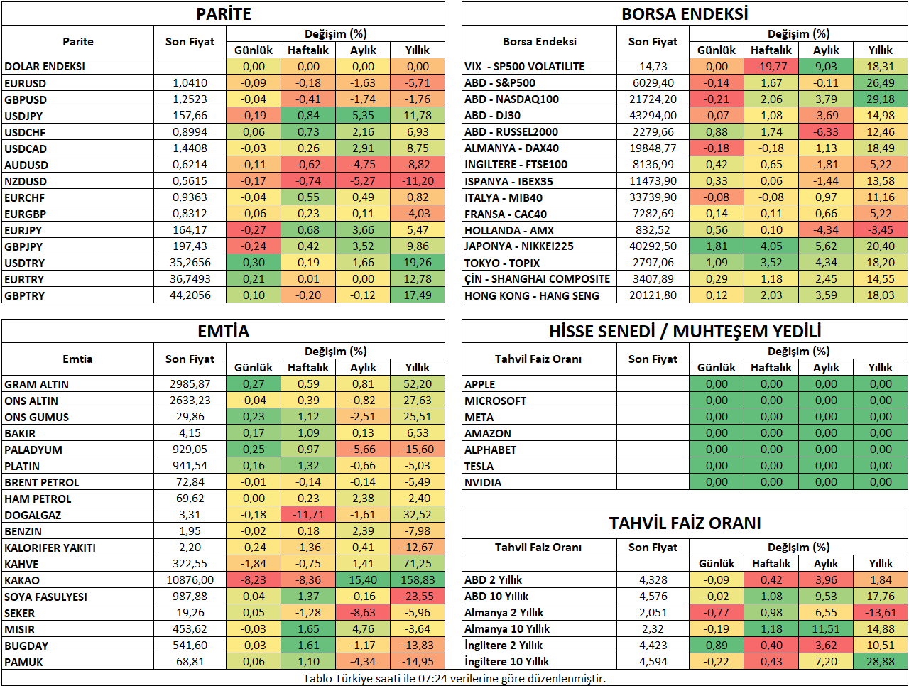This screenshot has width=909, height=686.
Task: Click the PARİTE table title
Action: [x=223, y=14]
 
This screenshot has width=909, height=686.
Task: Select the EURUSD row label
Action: [x=26, y=83]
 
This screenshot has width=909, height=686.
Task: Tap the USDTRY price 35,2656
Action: [x=190, y=263]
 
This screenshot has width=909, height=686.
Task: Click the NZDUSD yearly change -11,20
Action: [x=418, y=181]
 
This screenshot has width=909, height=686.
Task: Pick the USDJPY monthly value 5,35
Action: [x=363, y=116]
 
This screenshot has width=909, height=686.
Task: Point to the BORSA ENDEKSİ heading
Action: [x=685, y=14]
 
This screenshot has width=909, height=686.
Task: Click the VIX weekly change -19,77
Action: [x=771, y=66]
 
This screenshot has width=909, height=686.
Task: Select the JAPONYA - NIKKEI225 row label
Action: [x=519, y=246]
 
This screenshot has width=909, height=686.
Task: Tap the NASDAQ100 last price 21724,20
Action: [x=653, y=99]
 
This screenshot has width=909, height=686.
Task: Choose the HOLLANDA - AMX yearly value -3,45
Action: [x=881, y=230]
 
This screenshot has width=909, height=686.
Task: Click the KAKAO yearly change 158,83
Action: [x=418, y=579]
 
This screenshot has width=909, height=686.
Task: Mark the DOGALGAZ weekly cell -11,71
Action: [x=308, y=515]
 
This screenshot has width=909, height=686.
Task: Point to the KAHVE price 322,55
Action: [x=190, y=563]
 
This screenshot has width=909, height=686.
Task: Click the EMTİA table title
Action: [x=223, y=331]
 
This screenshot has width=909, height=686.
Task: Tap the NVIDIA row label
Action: [x=483, y=483]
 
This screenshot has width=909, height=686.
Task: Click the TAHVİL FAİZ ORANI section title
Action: [x=685, y=523]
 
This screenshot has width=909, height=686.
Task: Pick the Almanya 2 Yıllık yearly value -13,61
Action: [x=881, y=612]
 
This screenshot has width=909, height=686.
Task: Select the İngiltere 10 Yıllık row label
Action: [x=506, y=662]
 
